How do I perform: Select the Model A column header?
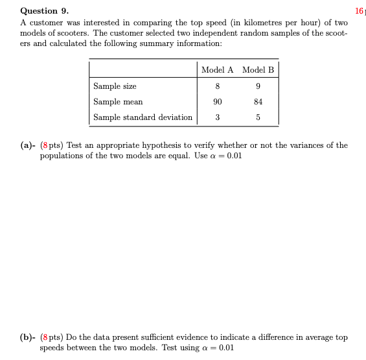(x=218, y=70)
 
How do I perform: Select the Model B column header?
(x=258, y=70)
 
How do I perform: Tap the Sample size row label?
(x=115, y=86)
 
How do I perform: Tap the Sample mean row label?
(x=118, y=101)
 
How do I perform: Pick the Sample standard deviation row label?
(x=143, y=117)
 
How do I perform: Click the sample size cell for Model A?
(x=218, y=86)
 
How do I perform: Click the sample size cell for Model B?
(x=258, y=86)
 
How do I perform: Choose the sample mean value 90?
(x=218, y=101)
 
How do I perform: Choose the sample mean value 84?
(x=258, y=101)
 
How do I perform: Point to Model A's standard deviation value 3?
(x=218, y=117)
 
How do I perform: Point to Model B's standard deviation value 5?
(x=258, y=117)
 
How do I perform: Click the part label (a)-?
(x=28, y=145)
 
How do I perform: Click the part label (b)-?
(x=28, y=337)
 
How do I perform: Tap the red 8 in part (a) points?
(x=43, y=145)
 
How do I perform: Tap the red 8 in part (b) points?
(x=43, y=337)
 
